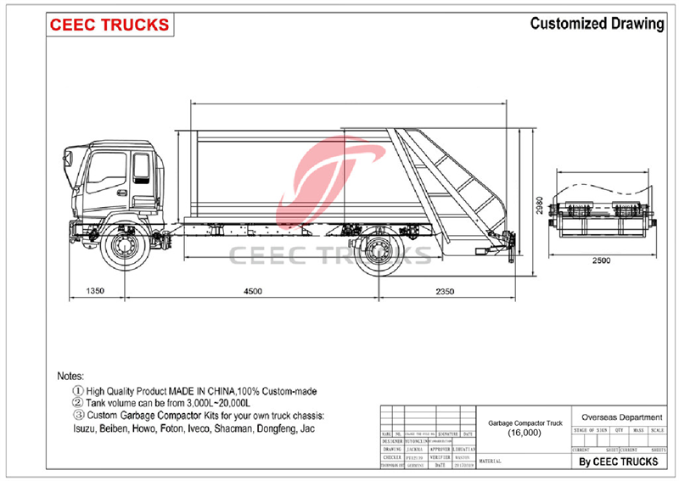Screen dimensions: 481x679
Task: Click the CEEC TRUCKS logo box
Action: tap(109, 25)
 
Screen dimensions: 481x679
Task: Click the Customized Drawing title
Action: tap(597, 24)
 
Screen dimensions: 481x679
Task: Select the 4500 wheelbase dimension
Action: tap(252, 291)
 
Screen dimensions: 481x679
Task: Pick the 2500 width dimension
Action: tap(601, 260)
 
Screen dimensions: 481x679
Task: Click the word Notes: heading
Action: tap(70, 375)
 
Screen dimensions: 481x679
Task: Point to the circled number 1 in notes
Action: tap(78, 390)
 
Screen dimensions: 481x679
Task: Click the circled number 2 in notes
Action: tap(78, 402)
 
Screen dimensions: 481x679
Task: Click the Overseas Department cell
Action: tap(618, 417)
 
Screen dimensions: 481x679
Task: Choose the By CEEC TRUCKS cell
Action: tap(618, 461)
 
